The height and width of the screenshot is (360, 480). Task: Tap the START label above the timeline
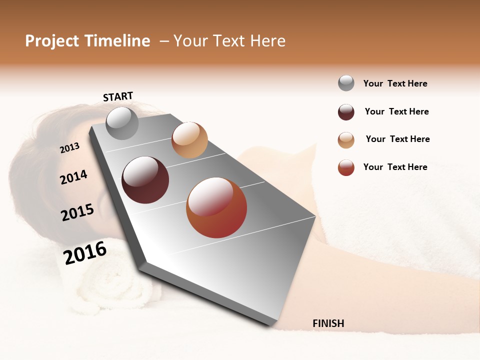click(118, 96)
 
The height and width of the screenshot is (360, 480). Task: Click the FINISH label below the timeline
click(328, 323)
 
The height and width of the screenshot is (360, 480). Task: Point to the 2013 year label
click(69, 148)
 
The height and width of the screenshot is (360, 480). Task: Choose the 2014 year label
click(73, 177)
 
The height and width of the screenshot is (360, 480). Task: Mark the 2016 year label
click(85, 252)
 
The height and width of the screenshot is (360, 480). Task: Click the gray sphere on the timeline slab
click(122, 123)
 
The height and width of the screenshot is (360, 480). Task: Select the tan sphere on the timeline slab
click(189, 140)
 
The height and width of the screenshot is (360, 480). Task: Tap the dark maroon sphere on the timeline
click(145, 180)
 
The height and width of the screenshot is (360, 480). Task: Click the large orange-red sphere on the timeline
click(216, 207)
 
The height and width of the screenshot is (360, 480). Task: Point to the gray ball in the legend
click(346, 83)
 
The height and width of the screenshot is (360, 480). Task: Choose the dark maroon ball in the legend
click(346, 112)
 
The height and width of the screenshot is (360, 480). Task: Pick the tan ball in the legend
click(346, 140)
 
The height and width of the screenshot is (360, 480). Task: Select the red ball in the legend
click(346, 167)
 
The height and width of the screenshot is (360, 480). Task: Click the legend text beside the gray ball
click(395, 83)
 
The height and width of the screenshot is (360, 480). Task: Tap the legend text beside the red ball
click(395, 167)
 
